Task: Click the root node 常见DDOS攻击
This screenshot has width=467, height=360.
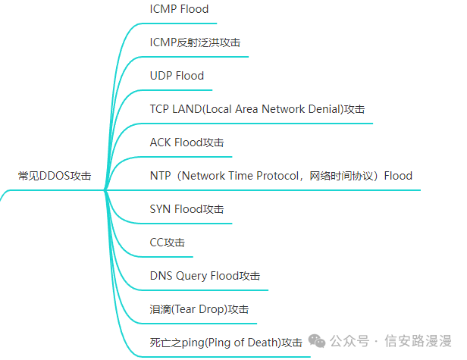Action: (55, 176)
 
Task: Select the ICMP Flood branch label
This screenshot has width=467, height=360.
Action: (179, 9)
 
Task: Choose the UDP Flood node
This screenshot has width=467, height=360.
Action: (177, 76)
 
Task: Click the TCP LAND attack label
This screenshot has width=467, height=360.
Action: (257, 109)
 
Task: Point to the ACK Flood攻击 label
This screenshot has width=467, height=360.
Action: (186, 142)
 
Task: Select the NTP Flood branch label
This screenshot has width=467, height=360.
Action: (281, 176)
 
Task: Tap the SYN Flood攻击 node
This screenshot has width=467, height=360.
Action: (186, 209)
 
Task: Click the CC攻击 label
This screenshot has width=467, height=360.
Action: (168, 243)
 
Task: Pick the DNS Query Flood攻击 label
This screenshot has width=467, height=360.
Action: (205, 276)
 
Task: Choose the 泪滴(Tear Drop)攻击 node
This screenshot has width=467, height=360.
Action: (199, 309)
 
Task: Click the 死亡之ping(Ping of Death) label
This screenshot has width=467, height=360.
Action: (226, 343)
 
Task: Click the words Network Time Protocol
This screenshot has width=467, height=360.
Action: (243, 176)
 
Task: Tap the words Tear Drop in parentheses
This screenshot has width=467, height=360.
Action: (198, 309)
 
